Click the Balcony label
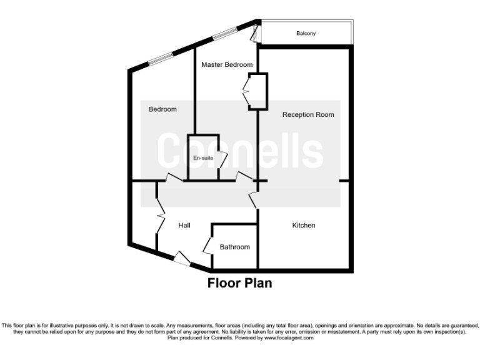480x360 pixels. click(306, 33)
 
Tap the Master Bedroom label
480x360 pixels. click(227, 65)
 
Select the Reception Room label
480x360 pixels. click(308, 114)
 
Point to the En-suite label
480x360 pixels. click(203, 158)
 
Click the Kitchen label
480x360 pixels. click(304, 225)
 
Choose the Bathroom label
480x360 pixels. click(234, 247)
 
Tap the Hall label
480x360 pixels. click(184, 225)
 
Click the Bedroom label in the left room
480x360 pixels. click(162, 109)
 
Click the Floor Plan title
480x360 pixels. click(240, 283)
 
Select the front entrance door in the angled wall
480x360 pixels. click(181, 258)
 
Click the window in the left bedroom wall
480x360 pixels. click(160, 59)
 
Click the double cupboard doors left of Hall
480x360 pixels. click(159, 216)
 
